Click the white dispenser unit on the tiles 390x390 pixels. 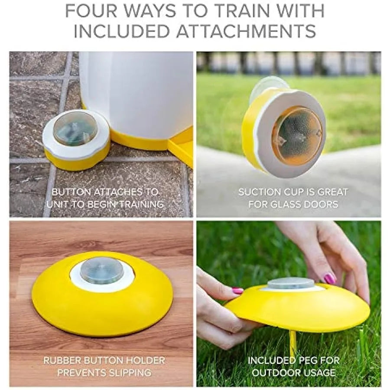point(136,95)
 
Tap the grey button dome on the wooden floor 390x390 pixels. point(102,270)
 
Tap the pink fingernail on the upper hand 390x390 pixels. point(329,278)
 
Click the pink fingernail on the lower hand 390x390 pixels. point(237,291)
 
